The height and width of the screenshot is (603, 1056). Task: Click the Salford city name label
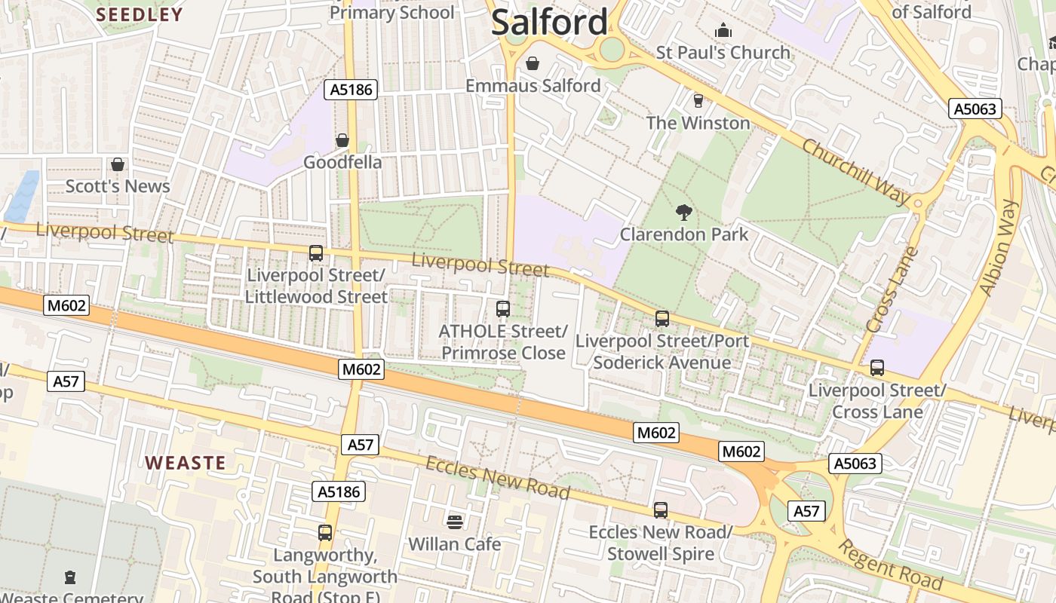point(549,22)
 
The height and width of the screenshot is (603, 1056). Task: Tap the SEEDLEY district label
point(140,14)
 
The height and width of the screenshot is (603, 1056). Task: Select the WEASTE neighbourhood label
point(186,462)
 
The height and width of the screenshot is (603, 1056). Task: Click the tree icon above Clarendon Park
point(684,212)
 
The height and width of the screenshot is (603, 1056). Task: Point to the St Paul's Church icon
point(723,30)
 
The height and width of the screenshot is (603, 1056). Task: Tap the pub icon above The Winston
point(698,100)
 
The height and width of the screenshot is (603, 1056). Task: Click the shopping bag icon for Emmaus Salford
point(533,63)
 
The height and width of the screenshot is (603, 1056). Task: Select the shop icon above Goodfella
point(342,140)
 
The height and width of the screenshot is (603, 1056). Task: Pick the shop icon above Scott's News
point(118,164)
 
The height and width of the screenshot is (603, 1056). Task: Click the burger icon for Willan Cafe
point(454,522)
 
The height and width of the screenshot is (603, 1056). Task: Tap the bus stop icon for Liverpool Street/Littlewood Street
point(316,253)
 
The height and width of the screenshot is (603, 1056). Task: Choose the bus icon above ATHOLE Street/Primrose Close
point(503,309)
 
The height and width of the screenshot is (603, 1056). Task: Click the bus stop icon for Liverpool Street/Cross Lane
point(876,368)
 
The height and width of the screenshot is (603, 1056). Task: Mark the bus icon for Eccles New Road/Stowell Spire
point(661,510)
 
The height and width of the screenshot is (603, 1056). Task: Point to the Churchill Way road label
point(856,172)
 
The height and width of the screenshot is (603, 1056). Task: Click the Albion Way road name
point(999,248)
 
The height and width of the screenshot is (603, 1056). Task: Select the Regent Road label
point(891,566)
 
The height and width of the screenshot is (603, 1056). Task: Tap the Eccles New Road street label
point(497,477)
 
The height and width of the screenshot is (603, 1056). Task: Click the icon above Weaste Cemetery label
point(70,577)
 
